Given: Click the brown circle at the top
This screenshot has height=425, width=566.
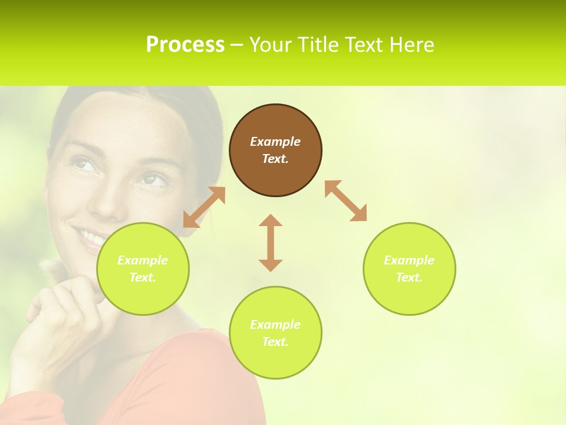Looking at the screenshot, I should click(x=275, y=150).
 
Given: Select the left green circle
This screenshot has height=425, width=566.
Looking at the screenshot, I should click(x=143, y=269).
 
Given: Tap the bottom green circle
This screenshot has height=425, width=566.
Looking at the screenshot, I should click(x=275, y=332).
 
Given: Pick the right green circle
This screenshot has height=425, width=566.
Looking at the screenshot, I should click(x=409, y=269).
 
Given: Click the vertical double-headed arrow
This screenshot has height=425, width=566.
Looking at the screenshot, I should click(x=271, y=243).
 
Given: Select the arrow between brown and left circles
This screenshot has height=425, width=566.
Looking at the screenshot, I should click(x=204, y=207).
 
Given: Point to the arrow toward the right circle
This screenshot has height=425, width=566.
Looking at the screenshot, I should click(x=345, y=201).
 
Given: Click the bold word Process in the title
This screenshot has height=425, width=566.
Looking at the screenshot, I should click(x=185, y=44).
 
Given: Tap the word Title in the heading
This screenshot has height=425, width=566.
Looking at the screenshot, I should click(x=319, y=44).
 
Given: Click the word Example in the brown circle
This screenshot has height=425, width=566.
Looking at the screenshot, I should click(x=275, y=142).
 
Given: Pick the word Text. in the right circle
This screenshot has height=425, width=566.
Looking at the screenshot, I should click(x=409, y=277).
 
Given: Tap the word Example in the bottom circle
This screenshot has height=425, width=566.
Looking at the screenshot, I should click(x=275, y=325).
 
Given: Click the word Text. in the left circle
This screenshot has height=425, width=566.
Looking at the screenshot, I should click(x=143, y=277).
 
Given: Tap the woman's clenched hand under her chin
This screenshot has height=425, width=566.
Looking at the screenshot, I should click(x=59, y=307).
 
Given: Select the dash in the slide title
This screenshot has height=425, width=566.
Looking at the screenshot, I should click(x=237, y=45).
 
